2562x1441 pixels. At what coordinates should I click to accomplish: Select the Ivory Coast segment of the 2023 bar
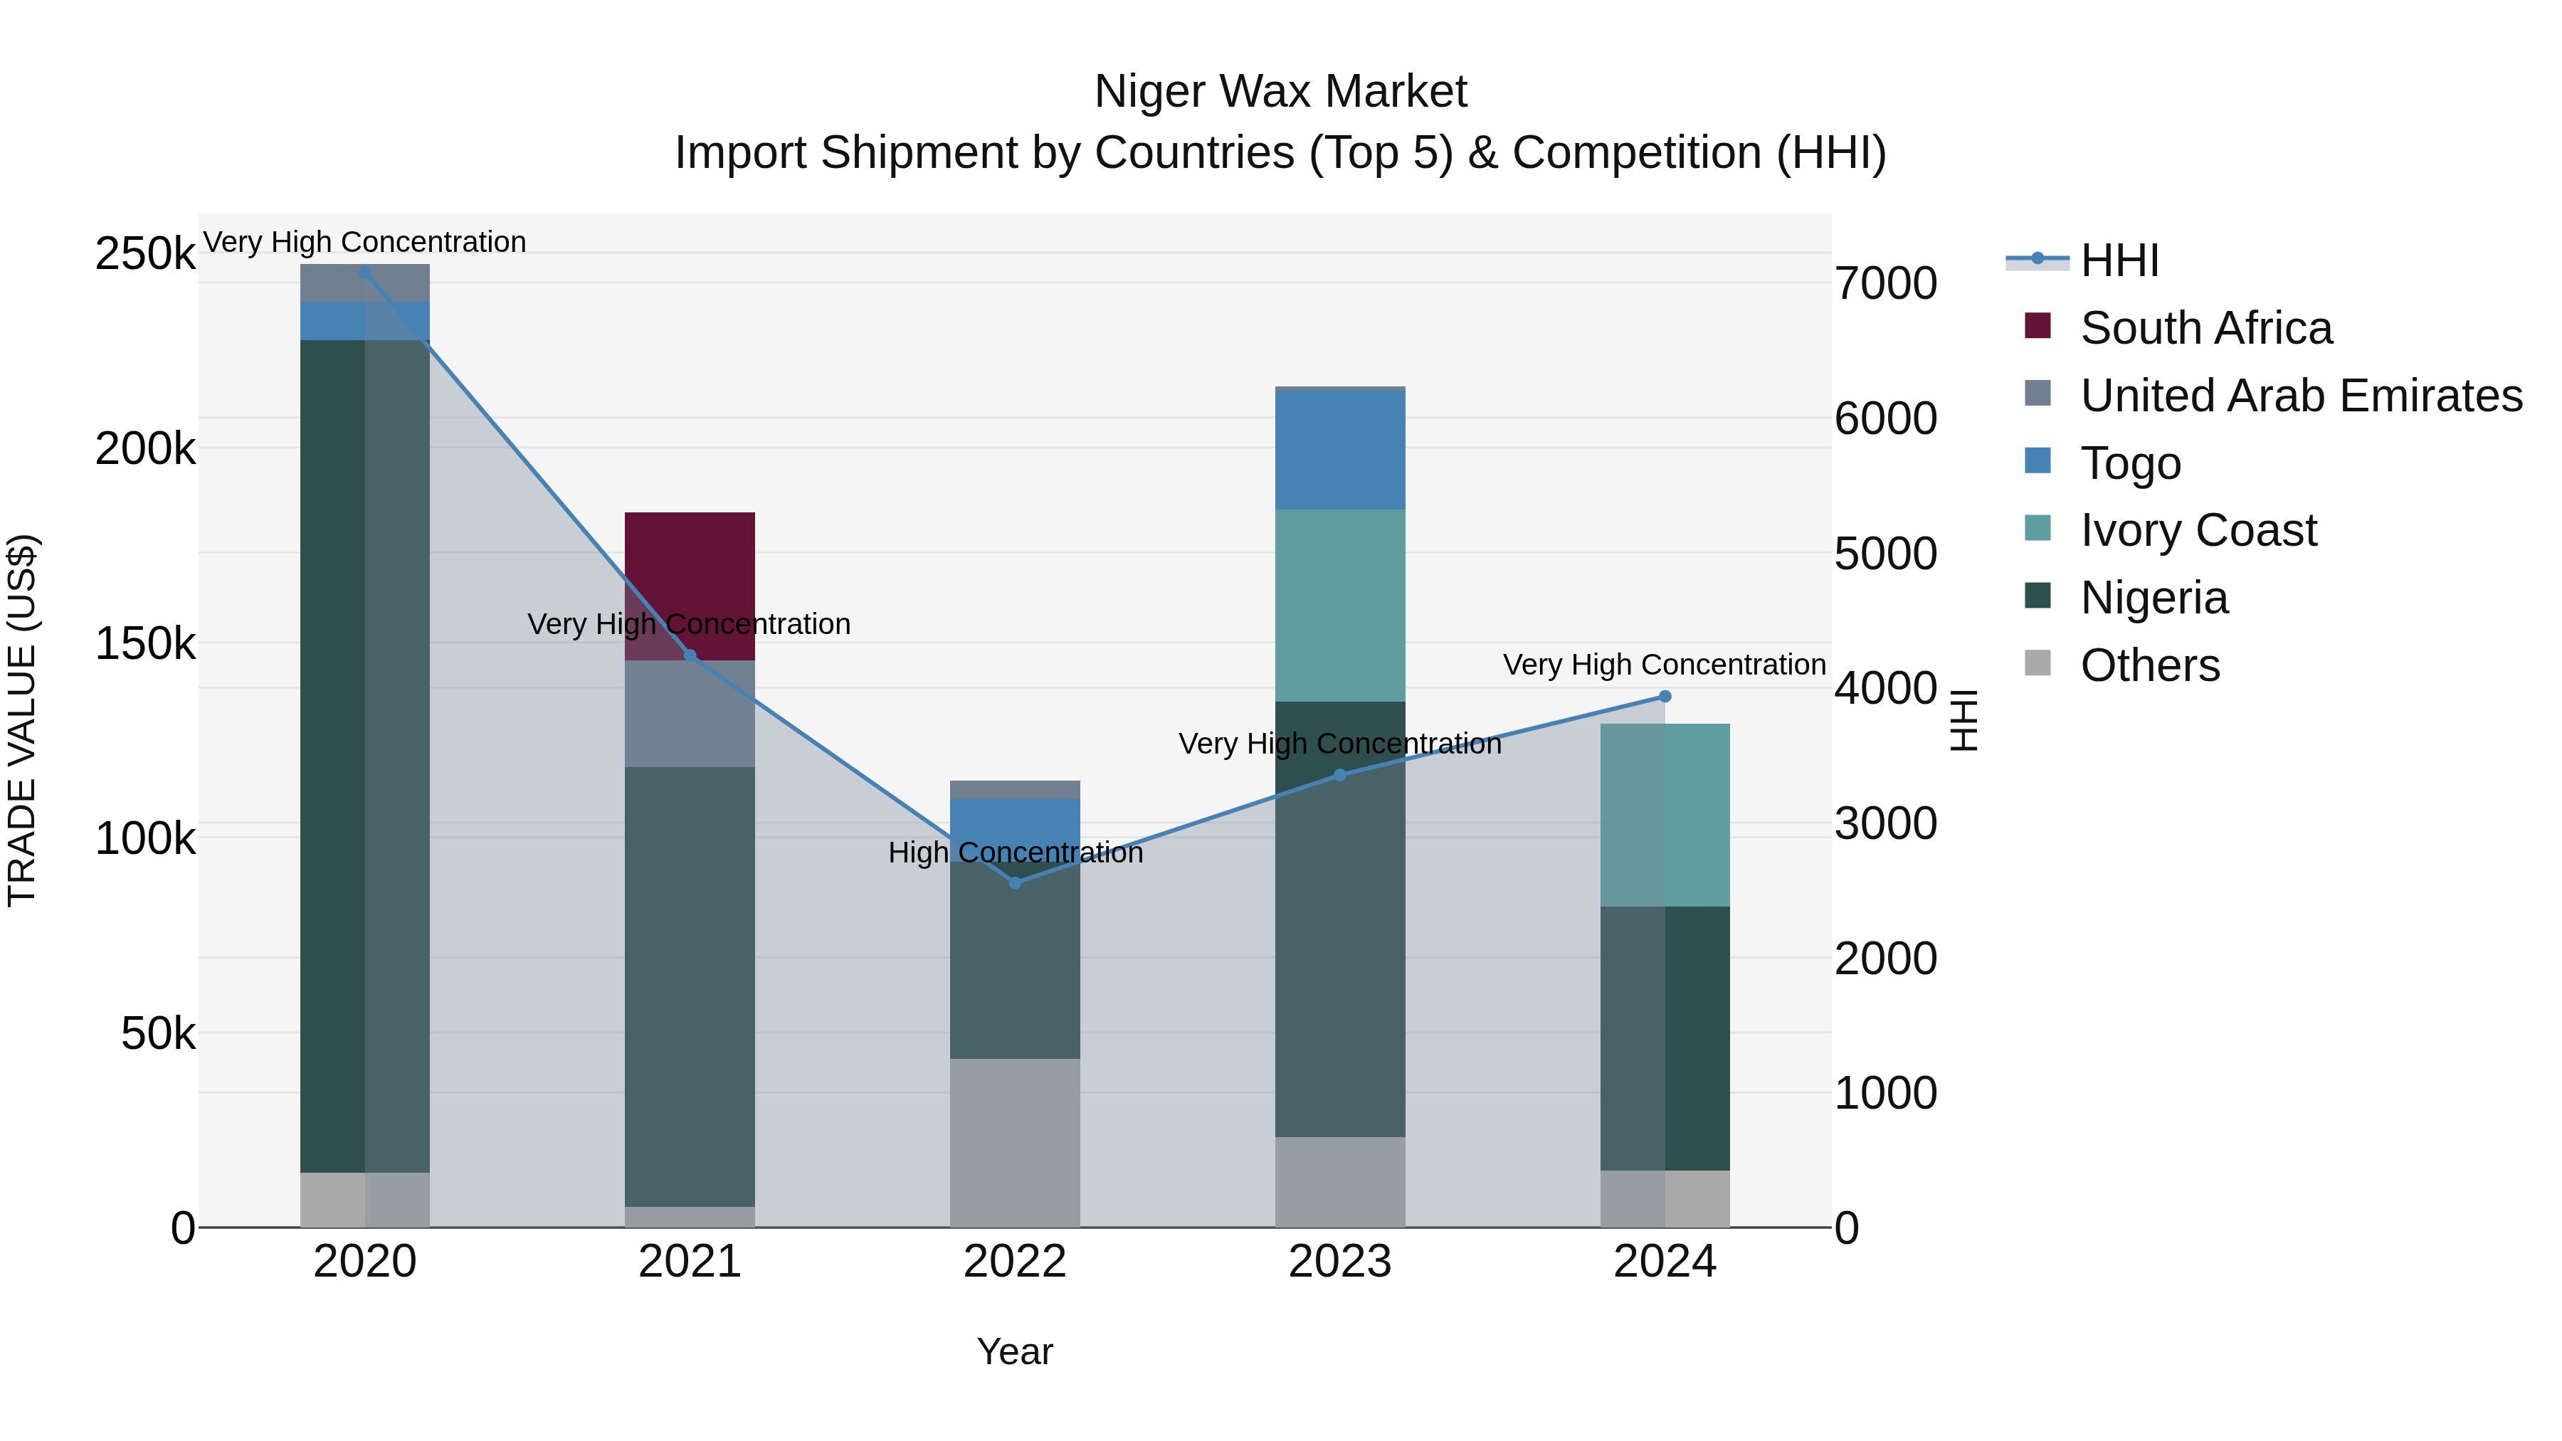[1339, 605]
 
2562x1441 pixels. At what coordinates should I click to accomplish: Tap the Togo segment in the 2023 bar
[1339, 450]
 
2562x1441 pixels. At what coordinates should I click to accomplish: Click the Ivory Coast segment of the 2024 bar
[1665, 815]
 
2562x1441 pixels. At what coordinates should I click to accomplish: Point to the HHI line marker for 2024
[1665, 696]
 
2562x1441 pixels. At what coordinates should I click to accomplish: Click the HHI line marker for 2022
[1014, 882]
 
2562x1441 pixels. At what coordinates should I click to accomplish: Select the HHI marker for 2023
[1339, 775]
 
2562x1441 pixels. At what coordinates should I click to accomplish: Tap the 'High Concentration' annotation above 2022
[1014, 853]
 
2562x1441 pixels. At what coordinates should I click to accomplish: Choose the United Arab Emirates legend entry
[2300, 395]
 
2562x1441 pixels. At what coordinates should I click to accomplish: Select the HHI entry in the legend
[2119, 260]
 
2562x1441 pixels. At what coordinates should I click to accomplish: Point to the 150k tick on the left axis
[145, 643]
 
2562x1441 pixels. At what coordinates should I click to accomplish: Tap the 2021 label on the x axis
[689, 1262]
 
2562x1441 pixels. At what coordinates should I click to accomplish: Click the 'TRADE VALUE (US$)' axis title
[22, 720]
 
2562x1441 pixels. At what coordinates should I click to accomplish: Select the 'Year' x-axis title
[1014, 1351]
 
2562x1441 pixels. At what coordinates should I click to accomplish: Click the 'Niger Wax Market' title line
[1280, 92]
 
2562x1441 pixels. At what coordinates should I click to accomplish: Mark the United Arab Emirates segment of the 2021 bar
[689, 713]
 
